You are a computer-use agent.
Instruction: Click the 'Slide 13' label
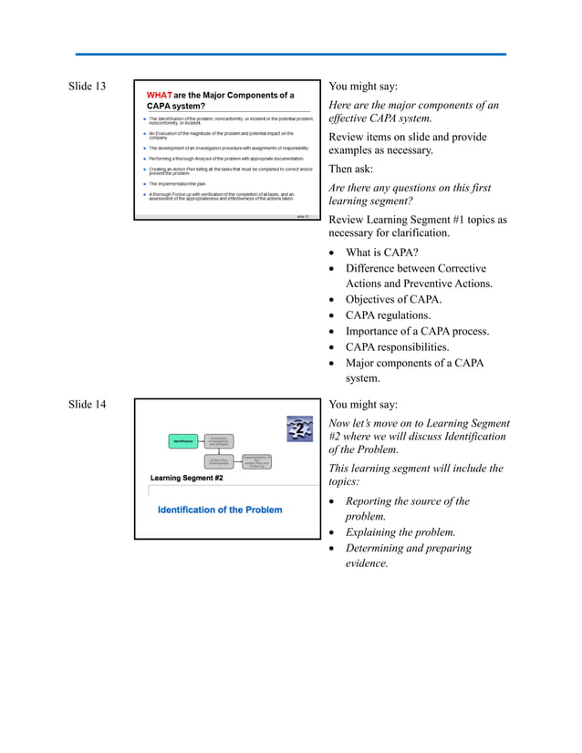(88, 87)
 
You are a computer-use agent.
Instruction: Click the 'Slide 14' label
(88, 405)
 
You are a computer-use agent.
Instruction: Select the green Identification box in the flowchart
(185, 442)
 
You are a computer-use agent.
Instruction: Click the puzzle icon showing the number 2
(299, 428)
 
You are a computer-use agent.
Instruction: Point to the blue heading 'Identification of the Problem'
(220, 510)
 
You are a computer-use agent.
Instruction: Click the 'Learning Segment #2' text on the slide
(187, 479)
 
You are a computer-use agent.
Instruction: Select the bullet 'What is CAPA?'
(381, 253)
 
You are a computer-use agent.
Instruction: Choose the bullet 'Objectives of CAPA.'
(393, 300)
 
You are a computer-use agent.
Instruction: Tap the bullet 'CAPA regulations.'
(388, 315)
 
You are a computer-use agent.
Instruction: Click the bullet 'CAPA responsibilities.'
(397, 347)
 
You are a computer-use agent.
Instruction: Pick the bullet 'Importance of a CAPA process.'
(417, 332)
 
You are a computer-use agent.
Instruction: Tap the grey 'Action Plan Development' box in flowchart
(218, 462)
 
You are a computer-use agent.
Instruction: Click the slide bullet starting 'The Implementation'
(179, 183)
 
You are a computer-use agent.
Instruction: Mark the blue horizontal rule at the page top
(290, 55)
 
